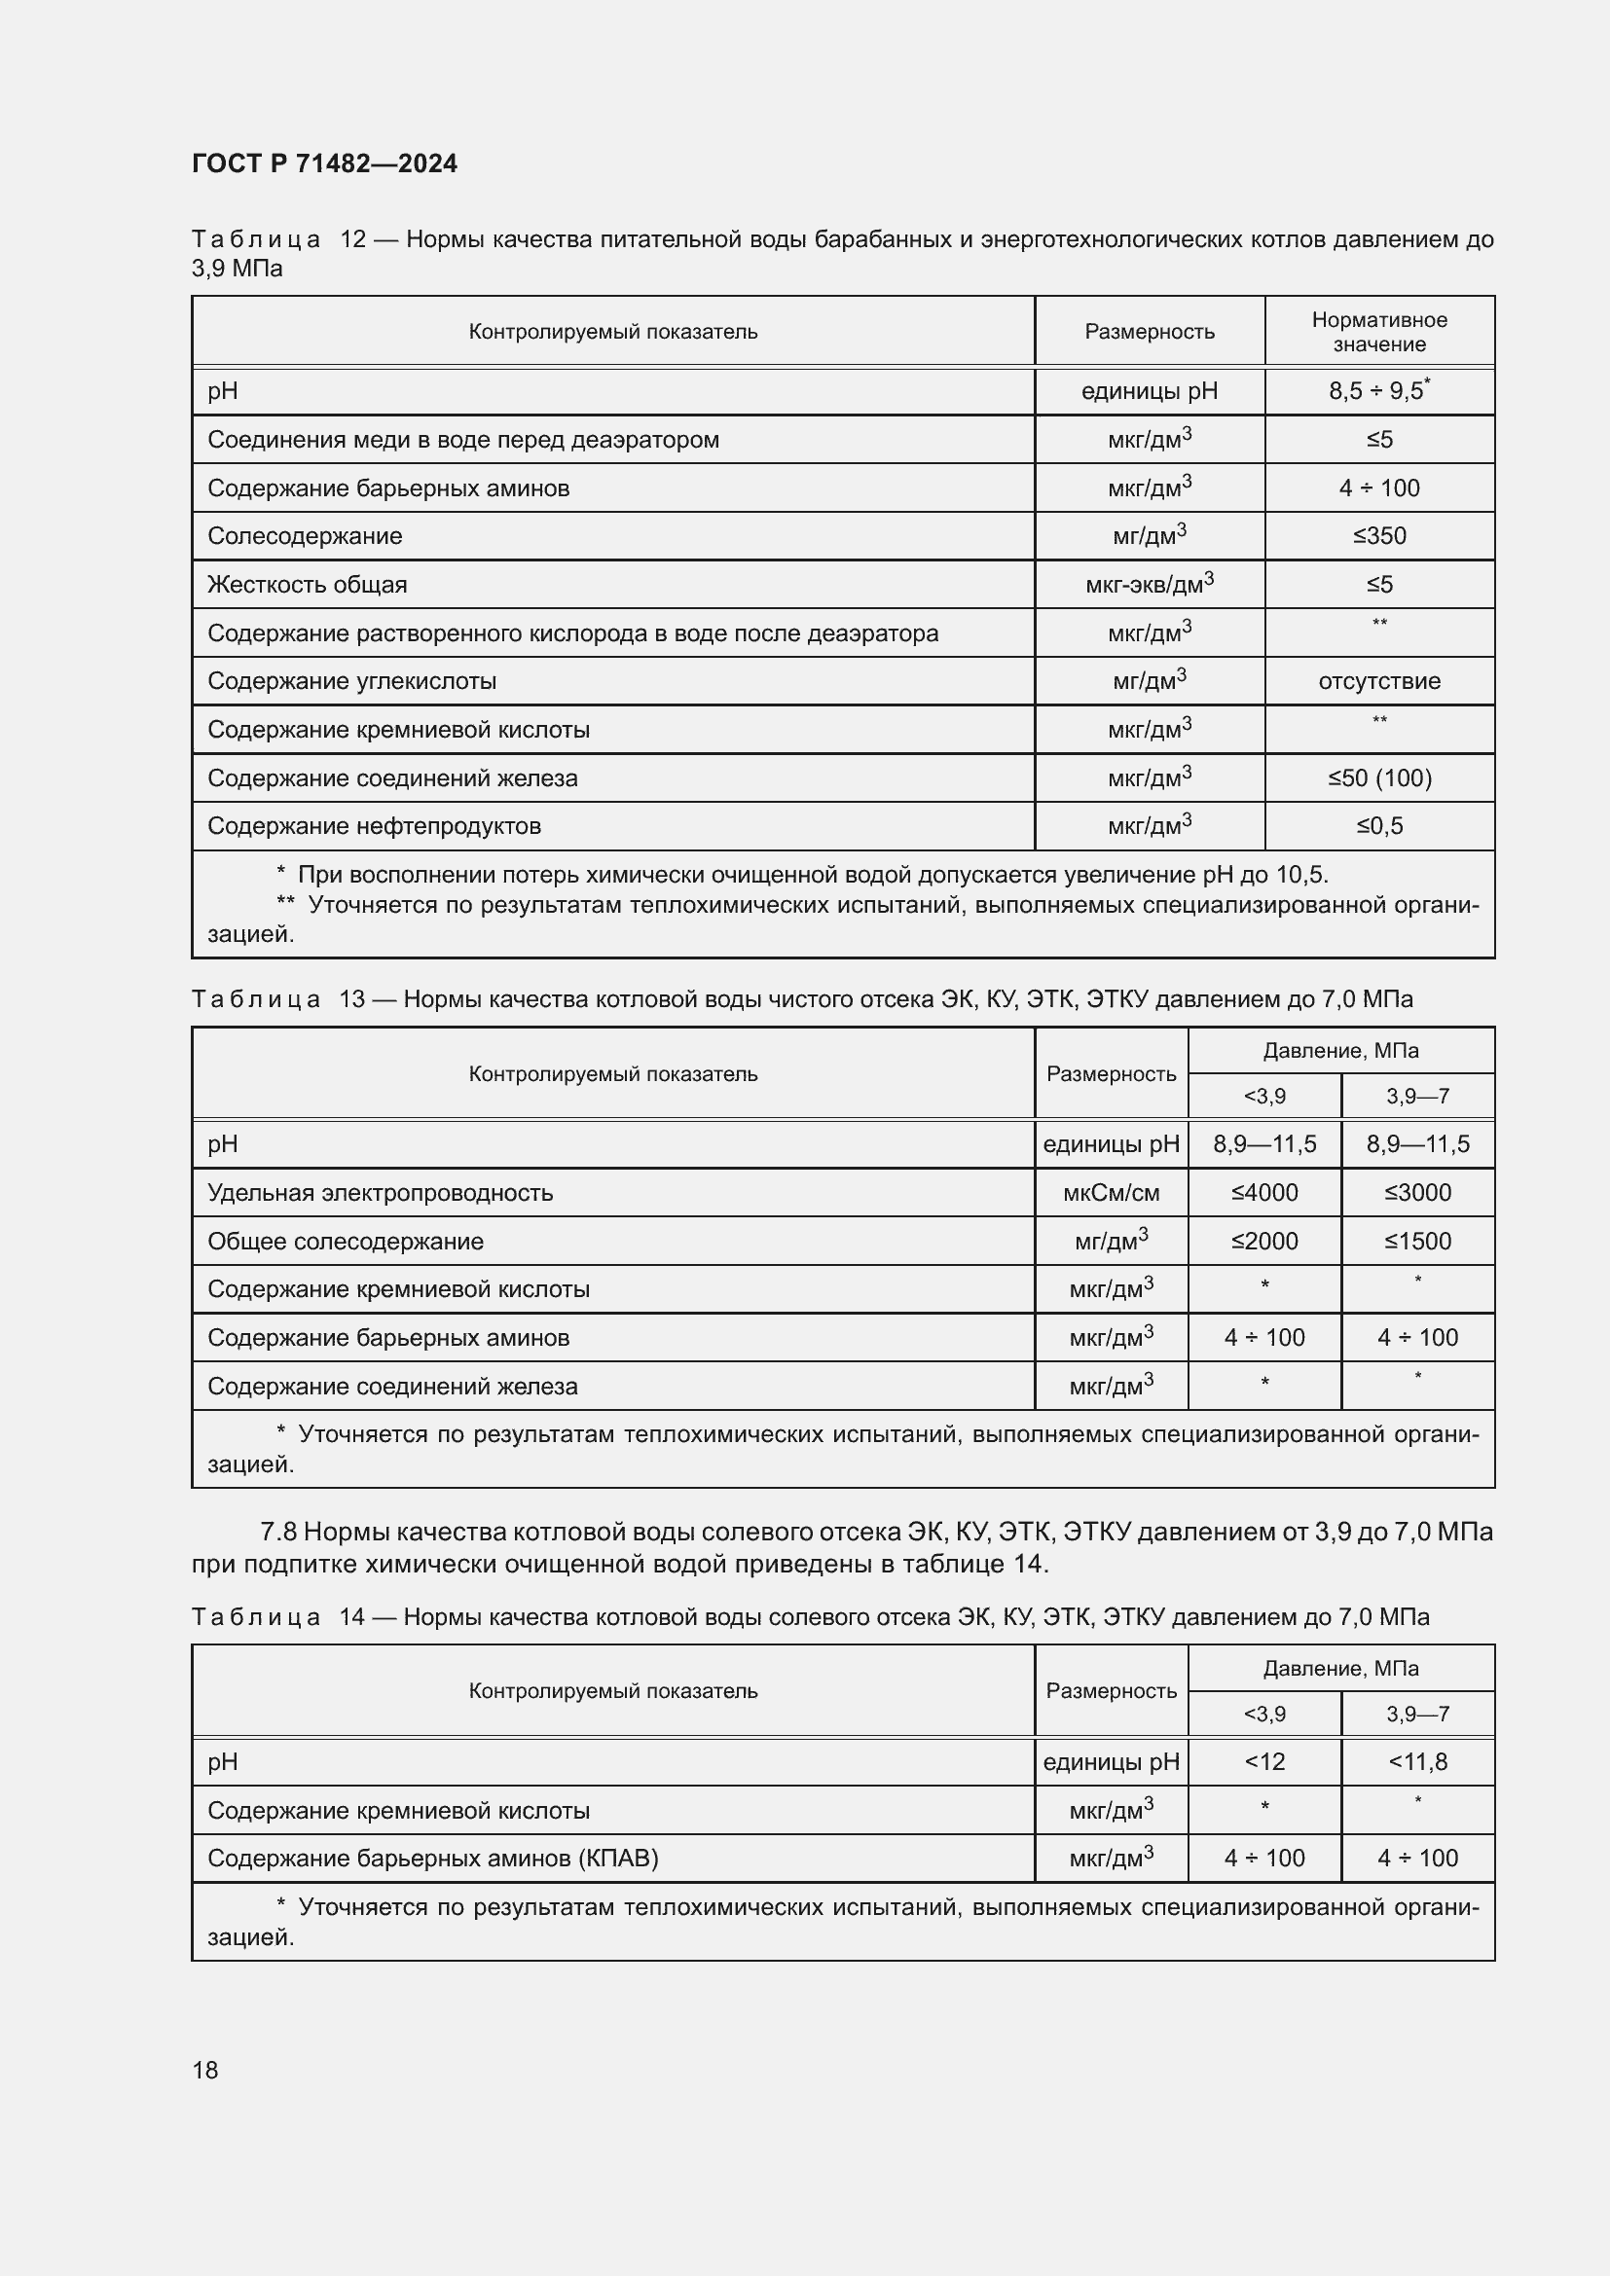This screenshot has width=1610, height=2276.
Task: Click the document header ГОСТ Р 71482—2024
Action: pos(324,163)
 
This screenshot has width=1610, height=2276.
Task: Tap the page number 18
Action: pos(205,2070)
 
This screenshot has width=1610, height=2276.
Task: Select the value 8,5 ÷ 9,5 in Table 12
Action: pos(1376,390)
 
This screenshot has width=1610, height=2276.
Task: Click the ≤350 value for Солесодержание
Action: pos(1379,536)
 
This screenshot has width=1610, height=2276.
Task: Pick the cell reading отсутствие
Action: pos(1379,681)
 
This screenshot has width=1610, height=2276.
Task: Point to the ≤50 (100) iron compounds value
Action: pos(1379,778)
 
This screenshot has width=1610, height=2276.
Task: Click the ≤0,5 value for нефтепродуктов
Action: pos(1379,826)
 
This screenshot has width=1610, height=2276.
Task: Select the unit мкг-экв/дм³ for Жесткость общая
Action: pos(1149,584)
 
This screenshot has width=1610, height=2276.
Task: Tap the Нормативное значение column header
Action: pos(1379,331)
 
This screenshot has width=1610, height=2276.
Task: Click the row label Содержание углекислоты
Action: pos(352,681)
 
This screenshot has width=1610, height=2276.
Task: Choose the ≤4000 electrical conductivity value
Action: pos(1264,1193)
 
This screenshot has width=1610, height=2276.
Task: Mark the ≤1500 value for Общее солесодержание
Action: pos(1416,1241)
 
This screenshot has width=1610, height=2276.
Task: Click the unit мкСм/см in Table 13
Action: pos(1111,1193)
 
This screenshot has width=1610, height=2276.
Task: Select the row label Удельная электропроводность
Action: pos(380,1193)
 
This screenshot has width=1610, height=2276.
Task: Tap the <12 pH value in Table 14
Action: pos(1264,1761)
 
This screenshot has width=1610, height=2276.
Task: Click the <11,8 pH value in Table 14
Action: pos(1416,1761)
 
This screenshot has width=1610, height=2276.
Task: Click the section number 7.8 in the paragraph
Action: pos(278,1532)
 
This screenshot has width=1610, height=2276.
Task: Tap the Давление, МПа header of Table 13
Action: pos(1340,1051)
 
